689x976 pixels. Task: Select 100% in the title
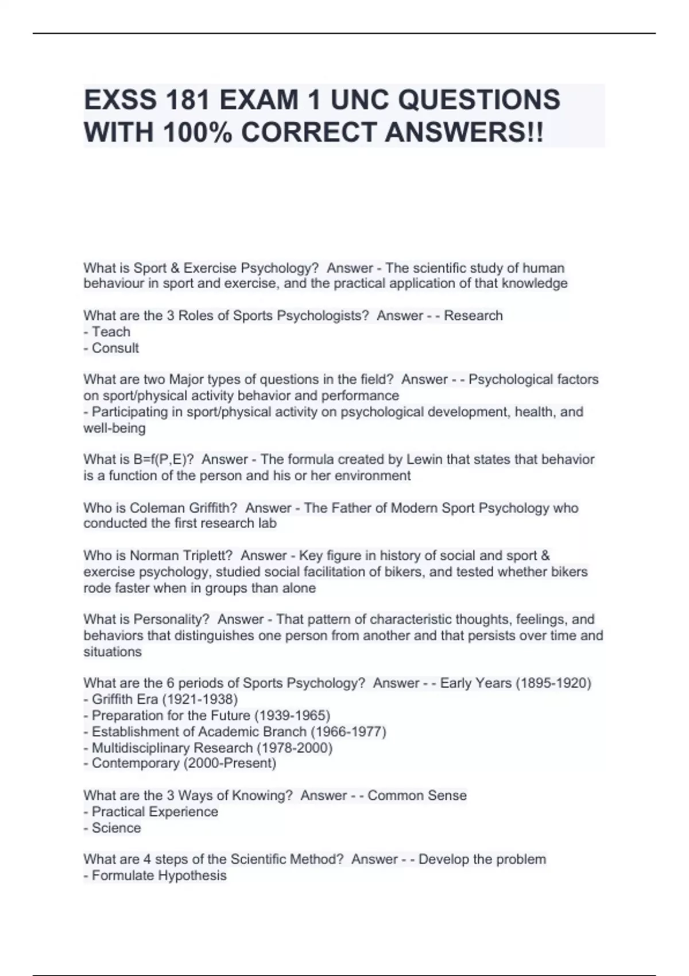[x=198, y=133]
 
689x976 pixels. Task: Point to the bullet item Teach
[x=111, y=332]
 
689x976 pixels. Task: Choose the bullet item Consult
[x=115, y=348]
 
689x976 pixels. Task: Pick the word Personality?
[x=172, y=619]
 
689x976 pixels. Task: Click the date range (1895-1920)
[x=553, y=683]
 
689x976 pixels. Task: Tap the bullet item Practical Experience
[x=154, y=812]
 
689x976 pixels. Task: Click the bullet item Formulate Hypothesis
[x=159, y=876]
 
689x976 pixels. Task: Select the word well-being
[x=114, y=428]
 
